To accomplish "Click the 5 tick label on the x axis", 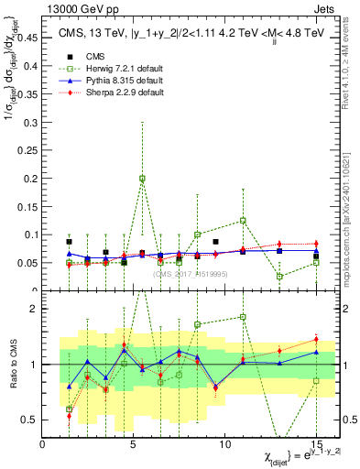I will pyautogui.click(x=134, y=444).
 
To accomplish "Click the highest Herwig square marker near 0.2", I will pyautogui.click(x=142, y=179).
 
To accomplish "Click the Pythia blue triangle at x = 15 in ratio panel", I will pyautogui.click(x=316, y=352).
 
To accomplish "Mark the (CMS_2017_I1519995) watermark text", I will pyautogui.click(x=189, y=273).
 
